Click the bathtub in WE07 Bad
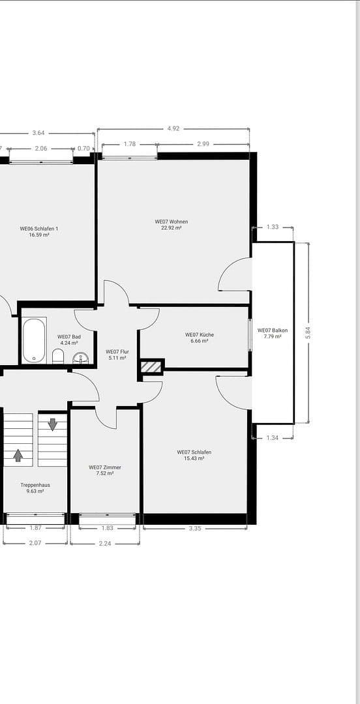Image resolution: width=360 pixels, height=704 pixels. click(34, 340)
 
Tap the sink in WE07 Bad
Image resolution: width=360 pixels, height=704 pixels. click(81, 359)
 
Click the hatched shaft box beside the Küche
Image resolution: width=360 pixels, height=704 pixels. click(151, 367)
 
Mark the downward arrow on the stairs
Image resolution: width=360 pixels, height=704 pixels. click(53, 424)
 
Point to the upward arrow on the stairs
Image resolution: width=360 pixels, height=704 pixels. click(18, 455)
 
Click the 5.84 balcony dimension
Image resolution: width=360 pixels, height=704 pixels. click(308, 332)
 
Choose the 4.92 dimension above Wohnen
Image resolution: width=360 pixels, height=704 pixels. click(173, 128)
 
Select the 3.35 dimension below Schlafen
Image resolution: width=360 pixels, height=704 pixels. click(195, 529)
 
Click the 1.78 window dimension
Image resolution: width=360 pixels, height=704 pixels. click(130, 144)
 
